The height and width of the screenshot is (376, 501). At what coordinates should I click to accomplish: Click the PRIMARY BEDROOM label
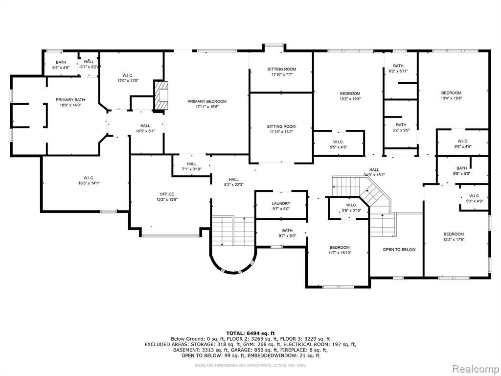(207, 101)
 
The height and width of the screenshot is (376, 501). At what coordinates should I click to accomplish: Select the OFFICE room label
(167, 194)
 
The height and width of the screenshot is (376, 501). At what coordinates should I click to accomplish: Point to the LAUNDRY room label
(281, 203)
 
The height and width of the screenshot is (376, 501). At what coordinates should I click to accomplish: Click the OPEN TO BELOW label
(399, 249)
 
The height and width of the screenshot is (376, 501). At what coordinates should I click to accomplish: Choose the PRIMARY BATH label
(70, 100)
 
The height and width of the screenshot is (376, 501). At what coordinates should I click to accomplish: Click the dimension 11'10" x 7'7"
(281, 74)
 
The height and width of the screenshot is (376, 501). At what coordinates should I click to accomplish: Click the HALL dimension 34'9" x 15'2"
(374, 175)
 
